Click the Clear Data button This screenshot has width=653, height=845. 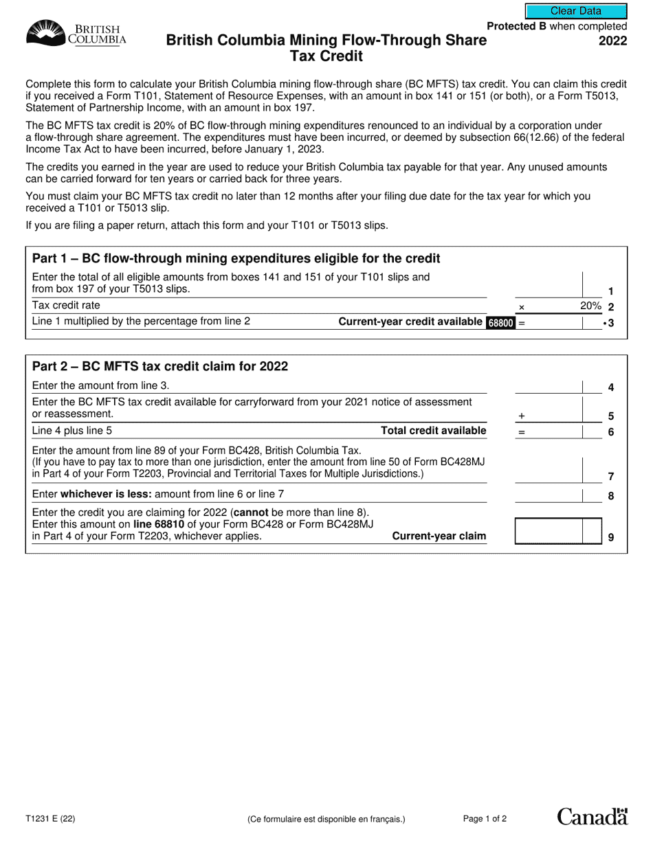[576, 11]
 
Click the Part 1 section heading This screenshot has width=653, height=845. [236, 259]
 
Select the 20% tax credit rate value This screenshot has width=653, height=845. [590, 306]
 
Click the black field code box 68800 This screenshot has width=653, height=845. [501, 322]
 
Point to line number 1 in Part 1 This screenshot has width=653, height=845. [610, 291]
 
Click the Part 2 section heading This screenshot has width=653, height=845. [160, 366]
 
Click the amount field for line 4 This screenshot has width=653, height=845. [549, 387]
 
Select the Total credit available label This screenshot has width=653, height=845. [433, 431]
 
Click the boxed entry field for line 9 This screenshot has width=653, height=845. [549, 531]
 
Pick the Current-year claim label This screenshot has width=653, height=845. [439, 536]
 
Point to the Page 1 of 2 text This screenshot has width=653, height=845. [485, 818]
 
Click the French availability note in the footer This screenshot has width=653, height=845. [326, 819]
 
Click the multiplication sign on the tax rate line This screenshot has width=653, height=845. [521, 307]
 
